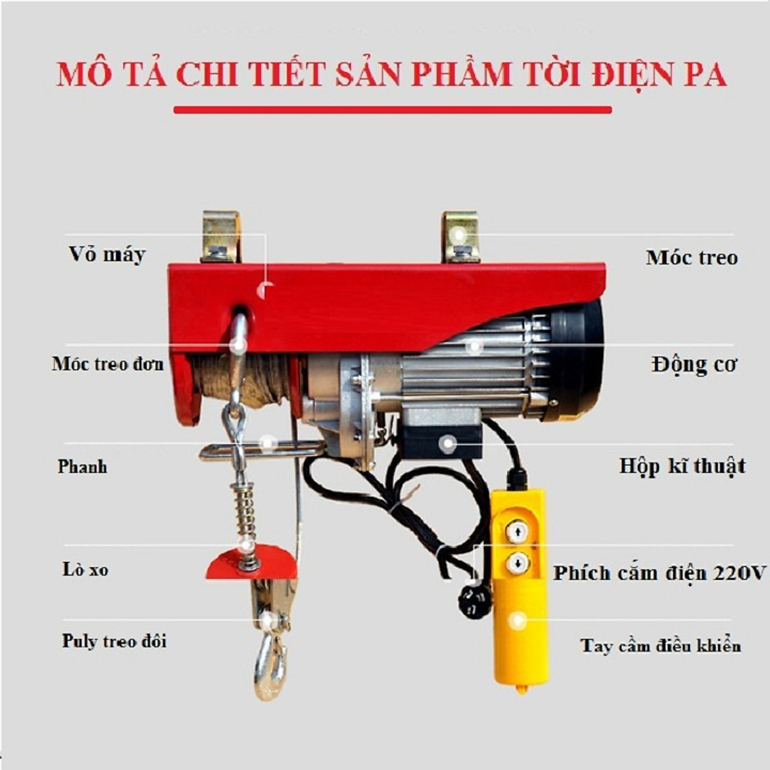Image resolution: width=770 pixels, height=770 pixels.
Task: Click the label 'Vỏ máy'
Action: (107, 255)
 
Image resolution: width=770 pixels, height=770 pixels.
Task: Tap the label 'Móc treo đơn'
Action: (108, 364)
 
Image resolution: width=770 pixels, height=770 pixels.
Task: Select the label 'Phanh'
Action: (82, 466)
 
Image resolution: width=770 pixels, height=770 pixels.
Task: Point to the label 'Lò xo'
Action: (85, 569)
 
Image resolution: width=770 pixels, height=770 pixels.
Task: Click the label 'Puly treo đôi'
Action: (114, 641)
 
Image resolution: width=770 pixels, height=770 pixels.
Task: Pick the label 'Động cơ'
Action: (694, 364)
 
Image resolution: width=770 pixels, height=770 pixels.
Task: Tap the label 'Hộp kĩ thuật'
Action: (682, 466)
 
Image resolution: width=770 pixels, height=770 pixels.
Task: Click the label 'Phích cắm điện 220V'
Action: (660, 572)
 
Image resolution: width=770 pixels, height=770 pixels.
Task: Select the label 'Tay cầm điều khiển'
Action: (660, 645)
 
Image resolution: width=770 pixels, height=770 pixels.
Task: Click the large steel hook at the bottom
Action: (270, 664)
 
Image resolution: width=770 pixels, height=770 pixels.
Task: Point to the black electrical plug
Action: (474, 601)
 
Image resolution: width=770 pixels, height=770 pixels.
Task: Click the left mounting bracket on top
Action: (221, 237)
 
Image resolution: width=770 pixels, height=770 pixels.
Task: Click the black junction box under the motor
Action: (443, 436)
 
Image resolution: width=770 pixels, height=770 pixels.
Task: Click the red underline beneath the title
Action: (392, 110)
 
